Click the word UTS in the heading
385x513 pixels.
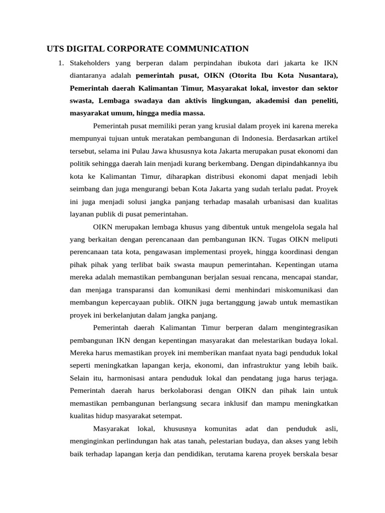(x=56, y=49)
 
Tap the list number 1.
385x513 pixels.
(x=60, y=63)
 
